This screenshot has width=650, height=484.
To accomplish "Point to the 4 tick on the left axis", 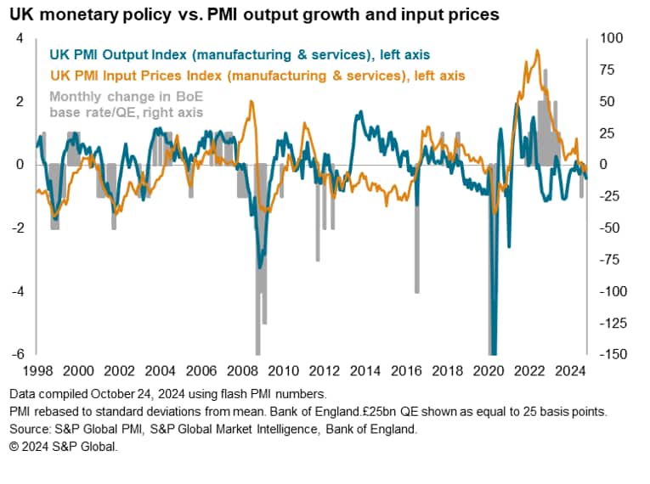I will pos(21,38).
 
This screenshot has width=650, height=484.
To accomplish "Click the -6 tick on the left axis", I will pos(19,354).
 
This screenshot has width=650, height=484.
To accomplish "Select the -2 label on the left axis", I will pos(19,228).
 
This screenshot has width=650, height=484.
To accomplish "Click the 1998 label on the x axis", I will pos(38,371).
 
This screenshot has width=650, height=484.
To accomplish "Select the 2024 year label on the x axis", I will pos(567,371).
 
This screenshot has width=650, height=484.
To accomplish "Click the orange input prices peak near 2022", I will pos(537,51).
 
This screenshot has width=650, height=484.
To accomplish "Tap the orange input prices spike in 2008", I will pos(251,102).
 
